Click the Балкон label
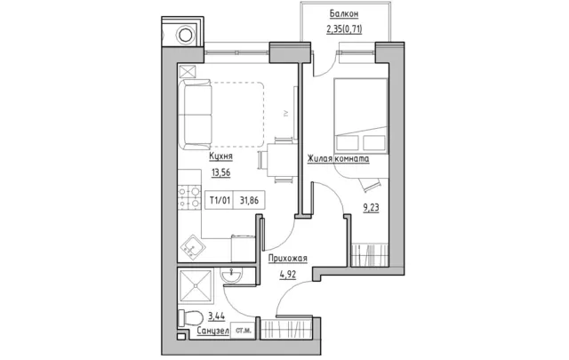344,14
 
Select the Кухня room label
220,156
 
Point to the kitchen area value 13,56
221,172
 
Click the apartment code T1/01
220,200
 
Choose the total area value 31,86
249,200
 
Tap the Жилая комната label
338,159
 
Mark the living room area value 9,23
371,208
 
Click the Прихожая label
288,259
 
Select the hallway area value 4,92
288,275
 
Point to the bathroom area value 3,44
216,316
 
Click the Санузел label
213,331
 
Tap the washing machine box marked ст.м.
243,331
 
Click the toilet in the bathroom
190,318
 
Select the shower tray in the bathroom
196,285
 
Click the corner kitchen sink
193,248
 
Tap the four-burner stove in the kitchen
189,198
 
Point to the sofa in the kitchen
196,115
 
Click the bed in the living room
361,115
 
